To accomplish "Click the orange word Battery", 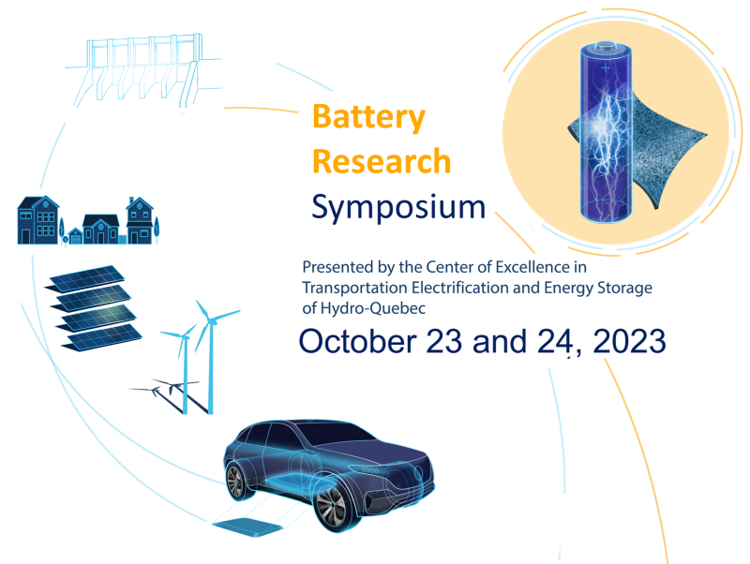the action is point(368,118).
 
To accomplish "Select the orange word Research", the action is point(382,161).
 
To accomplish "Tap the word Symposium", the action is point(397,207).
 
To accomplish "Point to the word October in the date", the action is point(357,341).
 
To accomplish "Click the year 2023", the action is point(629,341).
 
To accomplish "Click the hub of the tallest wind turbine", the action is point(209,321).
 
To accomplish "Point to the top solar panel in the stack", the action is point(84,278).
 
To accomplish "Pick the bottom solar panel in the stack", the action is point(102,337).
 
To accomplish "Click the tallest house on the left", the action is point(38,220).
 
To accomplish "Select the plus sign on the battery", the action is point(606,67).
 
